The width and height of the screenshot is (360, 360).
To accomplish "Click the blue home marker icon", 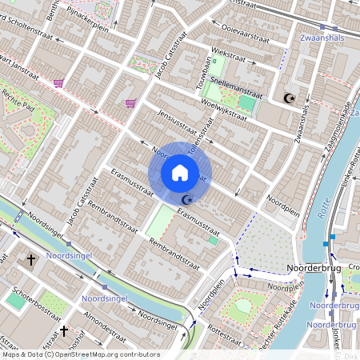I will coord(180,172).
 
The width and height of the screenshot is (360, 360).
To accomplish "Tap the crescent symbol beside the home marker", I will coord(188,199).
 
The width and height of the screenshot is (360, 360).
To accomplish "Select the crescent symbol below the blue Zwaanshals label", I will coord(290,98).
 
